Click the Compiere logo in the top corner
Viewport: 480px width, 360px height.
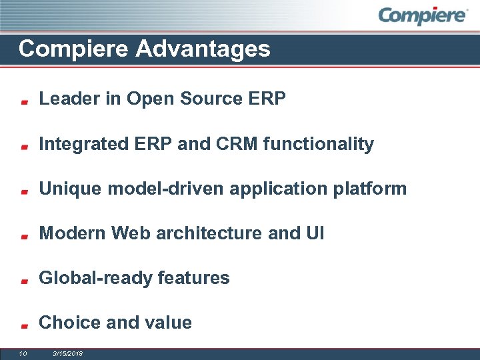click(x=423, y=15)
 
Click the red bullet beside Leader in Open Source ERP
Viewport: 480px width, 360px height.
click(x=24, y=102)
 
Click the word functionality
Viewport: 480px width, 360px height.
click(x=319, y=144)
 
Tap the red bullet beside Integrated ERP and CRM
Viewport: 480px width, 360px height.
click(x=24, y=147)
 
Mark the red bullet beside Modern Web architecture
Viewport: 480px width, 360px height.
click(x=24, y=236)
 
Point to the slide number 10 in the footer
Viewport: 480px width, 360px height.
click(x=23, y=353)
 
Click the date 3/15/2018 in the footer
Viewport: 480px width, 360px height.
click(x=67, y=353)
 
